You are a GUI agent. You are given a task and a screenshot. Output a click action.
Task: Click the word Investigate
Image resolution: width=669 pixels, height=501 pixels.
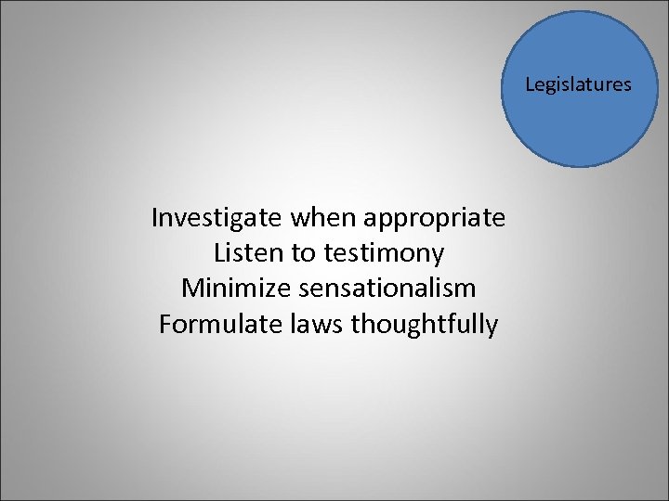click(217, 218)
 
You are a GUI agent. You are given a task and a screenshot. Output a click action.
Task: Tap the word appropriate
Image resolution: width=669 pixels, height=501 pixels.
click(434, 220)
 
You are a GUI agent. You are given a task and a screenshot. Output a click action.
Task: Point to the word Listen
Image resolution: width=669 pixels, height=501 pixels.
click(243, 252)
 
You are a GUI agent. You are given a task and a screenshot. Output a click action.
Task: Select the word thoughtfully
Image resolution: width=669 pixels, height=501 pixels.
click(415, 326)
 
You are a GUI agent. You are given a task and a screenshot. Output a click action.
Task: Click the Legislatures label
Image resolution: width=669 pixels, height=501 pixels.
click(578, 85)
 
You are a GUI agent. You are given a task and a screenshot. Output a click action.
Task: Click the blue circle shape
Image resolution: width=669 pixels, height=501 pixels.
click(578, 121)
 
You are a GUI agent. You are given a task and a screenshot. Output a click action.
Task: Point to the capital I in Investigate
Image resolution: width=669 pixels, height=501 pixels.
click(154, 218)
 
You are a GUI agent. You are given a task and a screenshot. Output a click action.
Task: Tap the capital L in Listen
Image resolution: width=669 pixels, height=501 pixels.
click(218, 252)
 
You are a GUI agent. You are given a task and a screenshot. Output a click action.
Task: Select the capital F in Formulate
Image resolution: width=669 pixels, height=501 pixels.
click(165, 324)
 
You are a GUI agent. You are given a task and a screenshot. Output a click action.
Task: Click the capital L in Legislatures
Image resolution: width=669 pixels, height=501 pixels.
click(530, 84)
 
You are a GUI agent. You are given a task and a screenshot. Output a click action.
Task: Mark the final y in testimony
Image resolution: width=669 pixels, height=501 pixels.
click(438, 256)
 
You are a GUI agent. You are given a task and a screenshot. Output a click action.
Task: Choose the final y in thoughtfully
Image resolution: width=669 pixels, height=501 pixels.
click(492, 328)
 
